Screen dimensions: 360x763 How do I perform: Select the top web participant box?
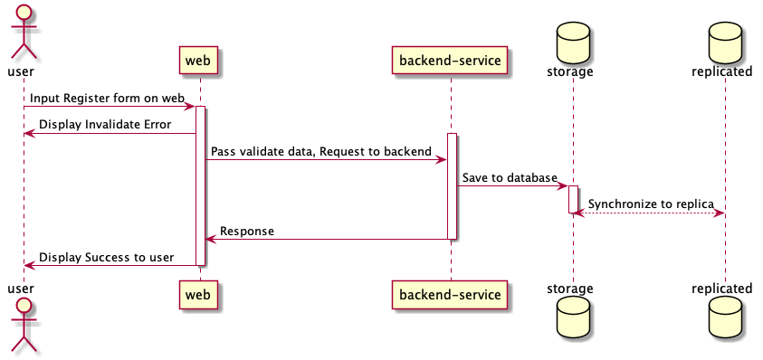(x=199, y=60)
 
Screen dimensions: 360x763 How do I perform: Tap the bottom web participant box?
(x=199, y=295)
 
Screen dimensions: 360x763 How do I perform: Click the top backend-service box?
(x=450, y=60)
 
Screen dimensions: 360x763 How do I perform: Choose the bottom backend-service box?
(x=450, y=295)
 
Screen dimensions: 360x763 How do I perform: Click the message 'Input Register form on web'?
(x=107, y=97)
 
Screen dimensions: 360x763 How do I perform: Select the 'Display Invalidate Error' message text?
(x=105, y=124)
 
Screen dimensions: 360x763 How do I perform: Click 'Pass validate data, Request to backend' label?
(x=321, y=151)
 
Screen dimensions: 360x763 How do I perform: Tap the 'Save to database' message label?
(x=509, y=177)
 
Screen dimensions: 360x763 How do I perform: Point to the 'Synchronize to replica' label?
(x=650, y=204)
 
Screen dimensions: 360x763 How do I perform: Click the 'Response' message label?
(x=246, y=231)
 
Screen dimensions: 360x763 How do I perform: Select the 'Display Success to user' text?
(x=106, y=257)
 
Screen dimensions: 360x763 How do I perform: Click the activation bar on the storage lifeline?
(x=573, y=199)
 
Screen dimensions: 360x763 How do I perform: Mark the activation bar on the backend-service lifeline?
(x=451, y=186)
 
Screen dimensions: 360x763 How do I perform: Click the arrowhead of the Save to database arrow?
(x=562, y=186)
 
